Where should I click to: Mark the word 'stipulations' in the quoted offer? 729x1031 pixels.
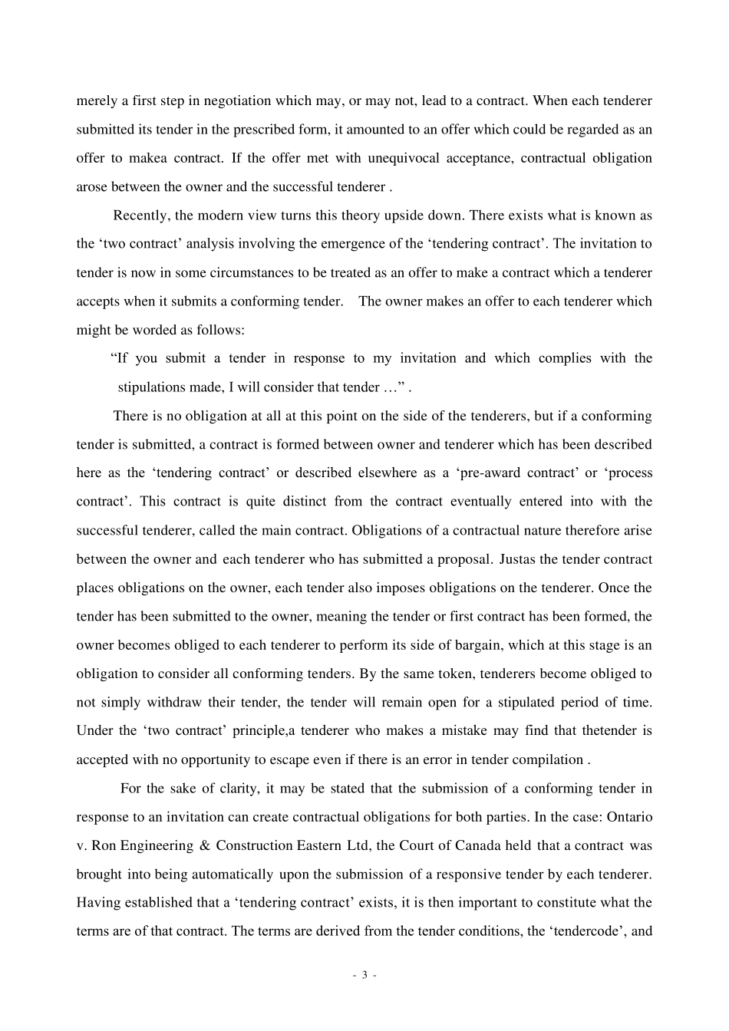(152, 387)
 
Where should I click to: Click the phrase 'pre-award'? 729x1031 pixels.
(489, 473)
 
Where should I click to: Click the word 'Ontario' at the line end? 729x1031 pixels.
(629, 817)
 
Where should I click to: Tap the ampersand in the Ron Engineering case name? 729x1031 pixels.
(204, 846)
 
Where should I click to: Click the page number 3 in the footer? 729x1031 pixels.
(364, 976)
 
